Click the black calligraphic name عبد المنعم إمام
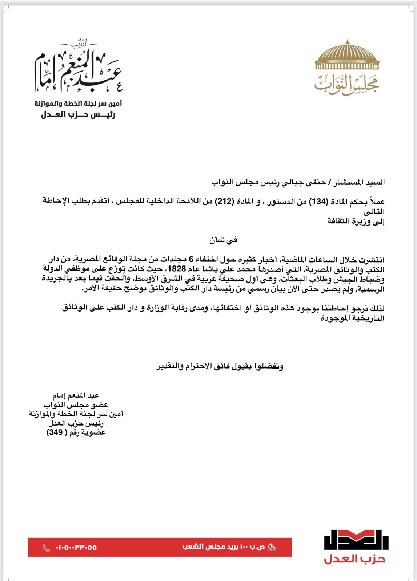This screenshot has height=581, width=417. click(78, 71)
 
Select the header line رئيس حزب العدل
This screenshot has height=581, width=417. click(78, 115)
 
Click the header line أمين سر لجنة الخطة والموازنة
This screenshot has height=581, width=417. click(78, 104)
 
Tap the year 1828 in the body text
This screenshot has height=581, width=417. click(176, 269)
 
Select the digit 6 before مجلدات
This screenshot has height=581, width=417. click(191, 260)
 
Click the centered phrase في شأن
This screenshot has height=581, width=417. click(223, 240)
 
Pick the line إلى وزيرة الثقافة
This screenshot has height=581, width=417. click(356, 221)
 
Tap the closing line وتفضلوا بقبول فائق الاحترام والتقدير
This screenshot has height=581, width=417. click(220, 366)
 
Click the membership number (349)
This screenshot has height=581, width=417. click(55, 432)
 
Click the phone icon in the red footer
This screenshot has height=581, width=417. click(46, 548)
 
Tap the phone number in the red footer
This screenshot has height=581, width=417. click(76, 548)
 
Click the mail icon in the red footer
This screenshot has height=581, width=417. click(272, 547)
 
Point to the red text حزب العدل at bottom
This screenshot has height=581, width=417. click(354, 559)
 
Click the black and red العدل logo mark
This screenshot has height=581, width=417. click(356, 540)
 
